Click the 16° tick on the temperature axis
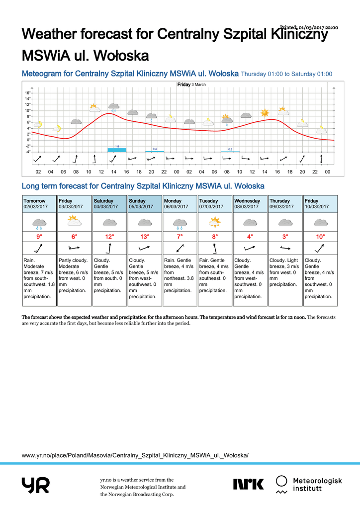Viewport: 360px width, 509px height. coord(28,93)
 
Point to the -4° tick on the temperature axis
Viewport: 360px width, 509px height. coord(28,152)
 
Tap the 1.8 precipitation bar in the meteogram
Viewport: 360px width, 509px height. coord(117,150)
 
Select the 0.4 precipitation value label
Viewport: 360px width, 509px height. coord(155,149)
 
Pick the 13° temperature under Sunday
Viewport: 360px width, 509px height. coord(145,237)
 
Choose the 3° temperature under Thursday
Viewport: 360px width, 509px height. coord(285,237)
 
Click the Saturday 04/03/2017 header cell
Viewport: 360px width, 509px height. coord(109,204)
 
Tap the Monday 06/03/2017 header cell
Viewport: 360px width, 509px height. coord(180,204)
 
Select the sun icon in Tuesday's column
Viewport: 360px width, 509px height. coord(215,222)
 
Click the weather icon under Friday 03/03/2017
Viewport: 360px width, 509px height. coord(74,220)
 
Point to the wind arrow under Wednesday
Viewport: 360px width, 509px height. coord(250,248)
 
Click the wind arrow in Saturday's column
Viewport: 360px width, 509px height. coord(109,248)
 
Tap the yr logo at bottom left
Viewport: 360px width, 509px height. coord(35,485)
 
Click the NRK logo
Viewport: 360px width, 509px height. coord(249,484)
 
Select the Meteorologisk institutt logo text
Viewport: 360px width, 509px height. coord(317,484)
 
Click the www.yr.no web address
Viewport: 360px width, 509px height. coord(135,455)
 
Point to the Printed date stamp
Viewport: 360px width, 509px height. coord(309,27)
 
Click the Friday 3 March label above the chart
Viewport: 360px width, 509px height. coord(191,85)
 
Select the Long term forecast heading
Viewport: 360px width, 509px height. coord(143,186)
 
